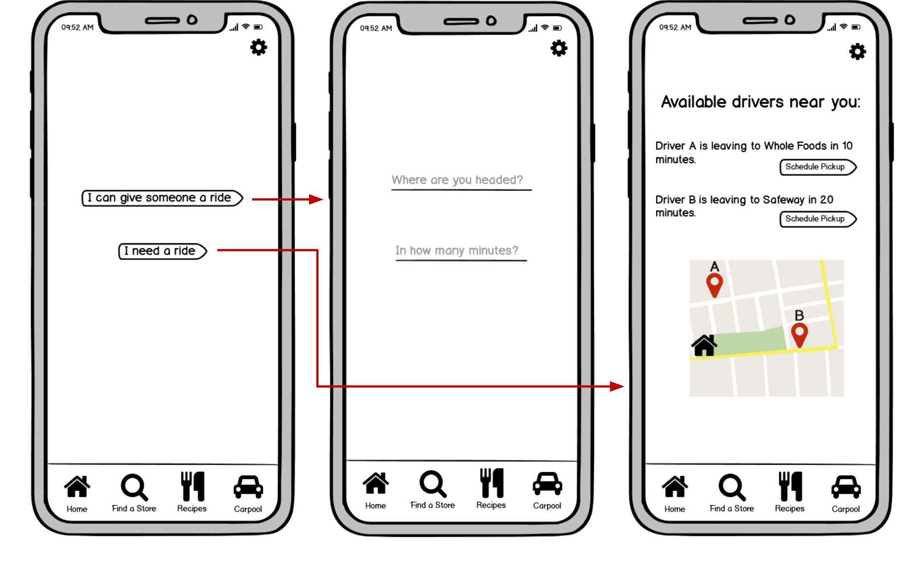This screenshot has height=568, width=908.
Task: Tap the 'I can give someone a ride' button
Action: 162,198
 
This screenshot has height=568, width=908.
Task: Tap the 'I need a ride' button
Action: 162,251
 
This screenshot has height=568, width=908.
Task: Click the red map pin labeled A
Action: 714,285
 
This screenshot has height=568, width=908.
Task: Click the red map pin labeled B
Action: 799,334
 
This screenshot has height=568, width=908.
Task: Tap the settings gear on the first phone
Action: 258,47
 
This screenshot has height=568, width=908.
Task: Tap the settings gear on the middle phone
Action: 559,48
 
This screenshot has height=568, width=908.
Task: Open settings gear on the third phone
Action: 858,51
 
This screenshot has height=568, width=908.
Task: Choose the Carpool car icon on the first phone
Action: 248,487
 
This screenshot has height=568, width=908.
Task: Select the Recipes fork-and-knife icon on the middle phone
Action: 492,483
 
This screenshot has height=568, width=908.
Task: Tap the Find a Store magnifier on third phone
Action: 731,487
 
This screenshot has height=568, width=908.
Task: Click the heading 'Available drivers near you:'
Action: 761,102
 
